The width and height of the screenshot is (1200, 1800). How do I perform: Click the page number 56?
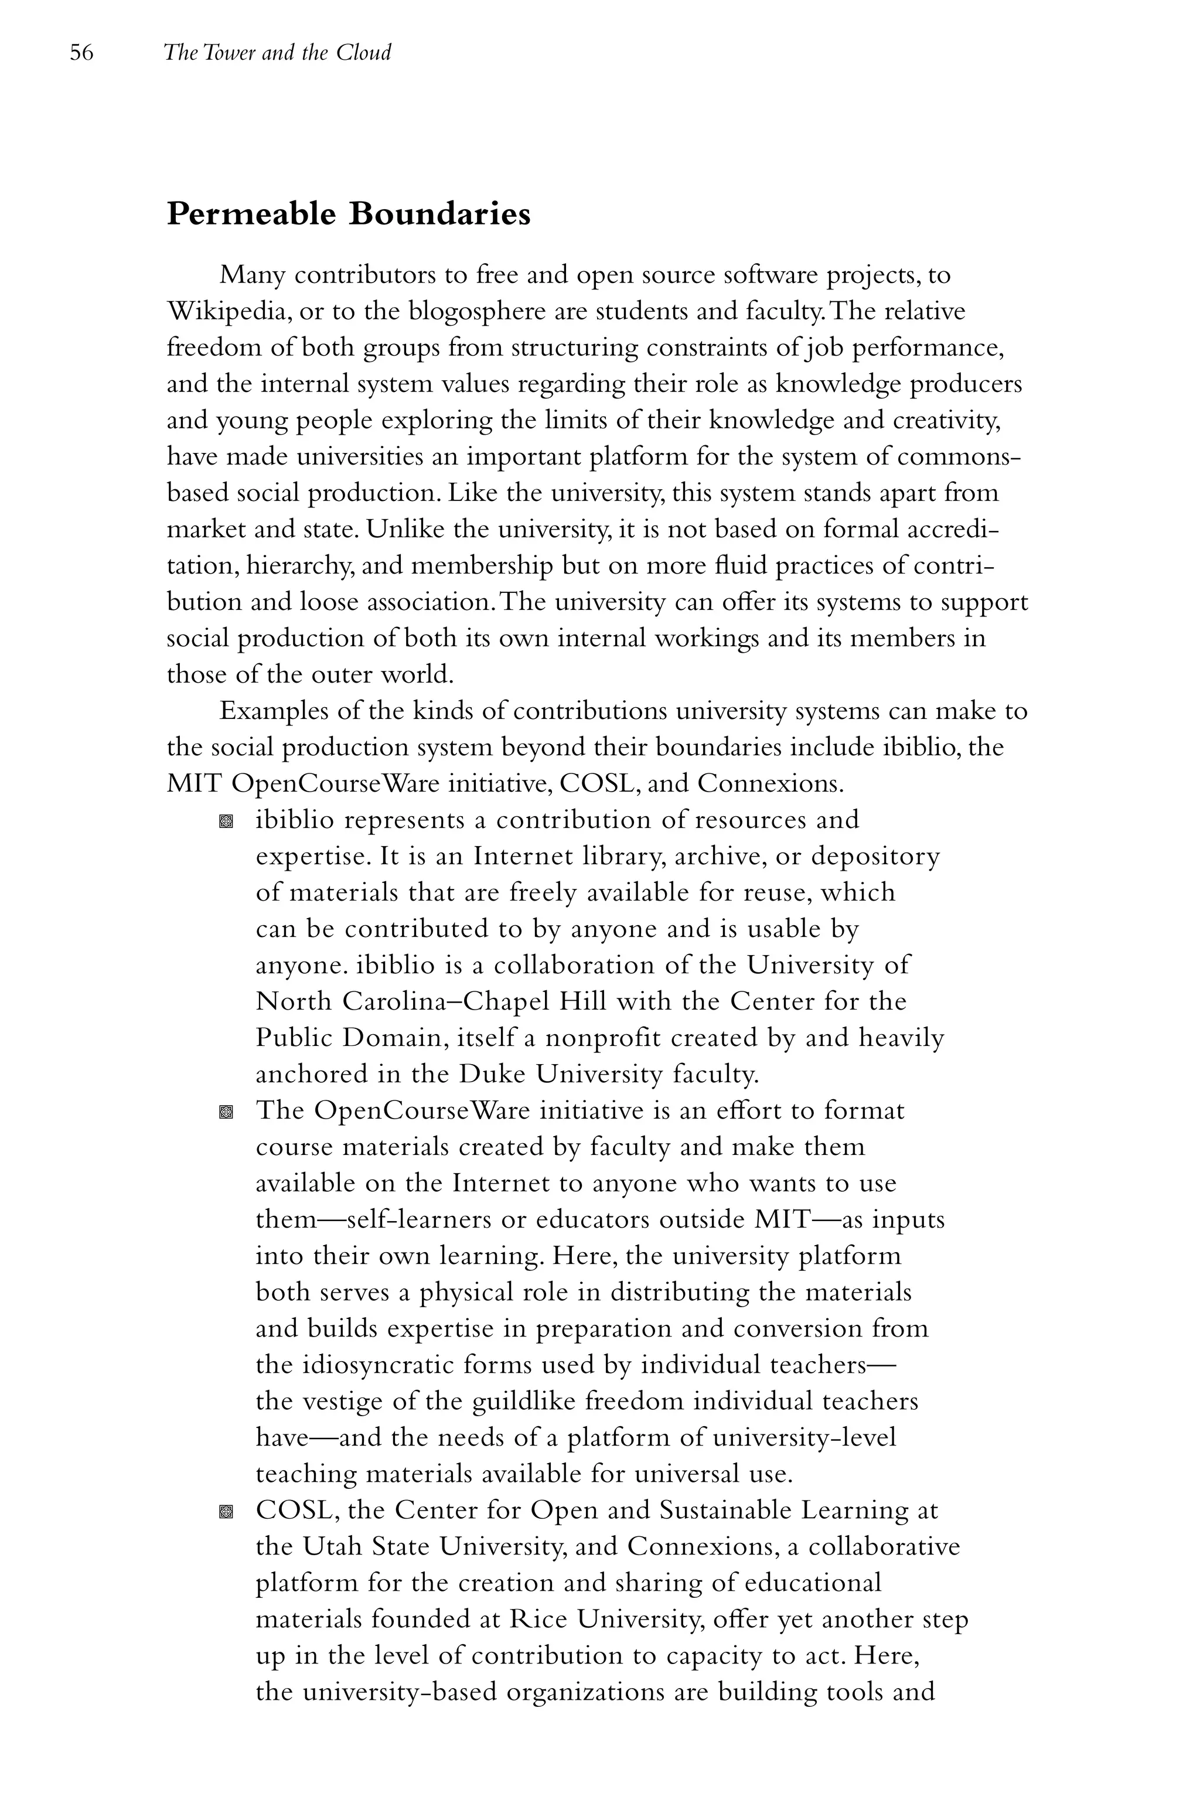point(82,53)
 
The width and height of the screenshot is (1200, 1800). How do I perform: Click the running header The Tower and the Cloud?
point(277,53)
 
